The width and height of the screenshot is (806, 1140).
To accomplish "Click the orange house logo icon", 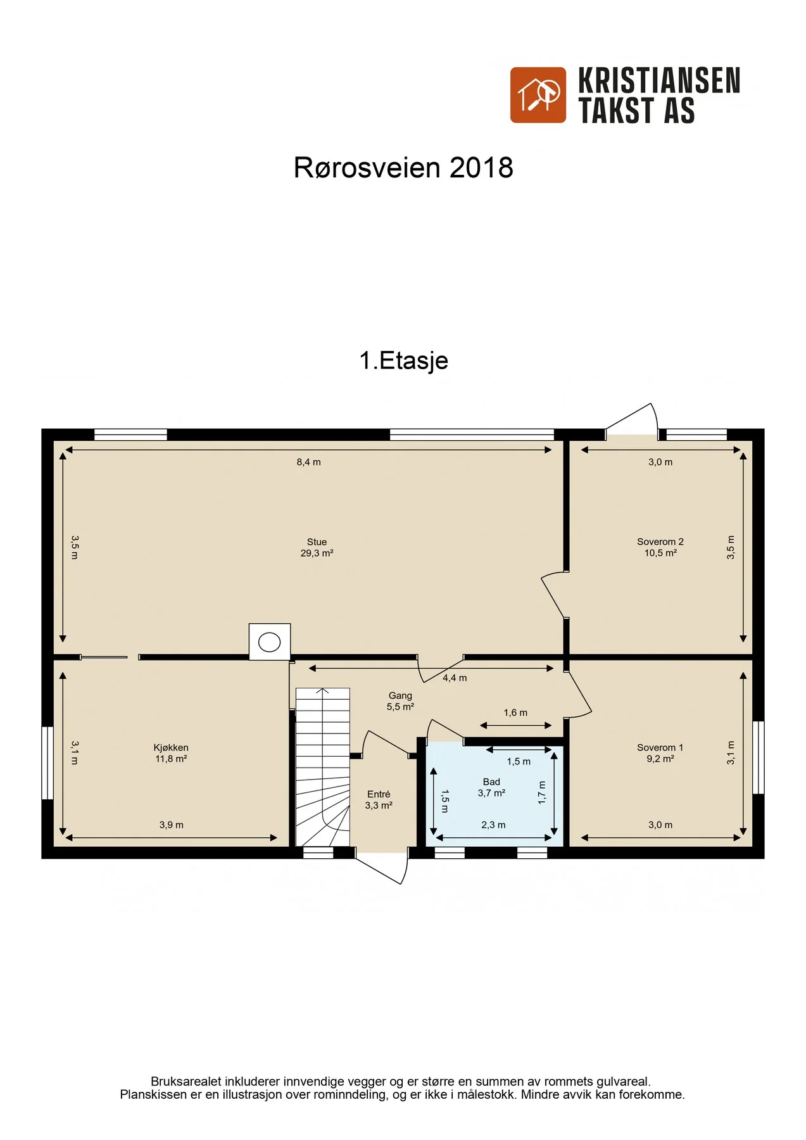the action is coord(538,95).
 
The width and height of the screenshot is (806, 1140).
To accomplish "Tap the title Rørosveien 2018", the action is coord(403,168).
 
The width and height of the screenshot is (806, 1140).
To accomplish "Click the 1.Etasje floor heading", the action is coord(404,360).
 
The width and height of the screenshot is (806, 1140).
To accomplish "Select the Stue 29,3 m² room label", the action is coord(317,548).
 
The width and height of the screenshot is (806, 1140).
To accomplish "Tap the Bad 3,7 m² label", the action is coord(491,787).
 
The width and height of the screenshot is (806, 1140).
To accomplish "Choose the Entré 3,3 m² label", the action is coord(379,800).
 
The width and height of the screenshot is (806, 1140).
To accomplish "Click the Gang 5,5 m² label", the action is coord(400,701).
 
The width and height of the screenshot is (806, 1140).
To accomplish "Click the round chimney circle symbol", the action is coord(270,642).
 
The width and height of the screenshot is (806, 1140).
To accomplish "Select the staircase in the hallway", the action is coord(323,767).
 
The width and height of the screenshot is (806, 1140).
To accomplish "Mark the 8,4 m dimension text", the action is coord(308,462).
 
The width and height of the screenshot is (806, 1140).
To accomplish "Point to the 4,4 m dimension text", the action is coord(455,678).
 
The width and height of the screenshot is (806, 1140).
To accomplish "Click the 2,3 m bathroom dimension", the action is coord(493,825).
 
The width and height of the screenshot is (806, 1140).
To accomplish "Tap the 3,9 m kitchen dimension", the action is coord(172,825).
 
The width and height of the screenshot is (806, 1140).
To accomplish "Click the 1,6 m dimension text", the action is coord(515,713).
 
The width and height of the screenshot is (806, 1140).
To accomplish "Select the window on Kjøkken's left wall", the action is coord(47,763).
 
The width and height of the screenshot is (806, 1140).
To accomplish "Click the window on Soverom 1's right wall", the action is coord(759,757).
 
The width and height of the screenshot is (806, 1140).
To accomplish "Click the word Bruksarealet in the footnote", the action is coord(186,1082).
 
